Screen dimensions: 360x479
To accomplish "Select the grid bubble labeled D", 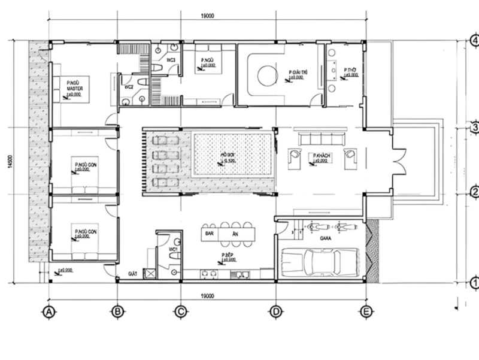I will (x=275, y=311).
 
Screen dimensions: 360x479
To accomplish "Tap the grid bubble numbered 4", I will (x=473, y=41).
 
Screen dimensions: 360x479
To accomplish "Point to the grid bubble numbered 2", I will (x=473, y=193).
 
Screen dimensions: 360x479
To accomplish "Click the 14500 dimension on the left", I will (x=10, y=163).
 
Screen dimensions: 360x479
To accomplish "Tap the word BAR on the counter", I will (x=210, y=232).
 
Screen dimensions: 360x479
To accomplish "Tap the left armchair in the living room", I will (x=293, y=157).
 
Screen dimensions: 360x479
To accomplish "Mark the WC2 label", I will (x=128, y=87).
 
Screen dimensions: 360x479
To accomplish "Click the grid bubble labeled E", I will (x=365, y=311).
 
